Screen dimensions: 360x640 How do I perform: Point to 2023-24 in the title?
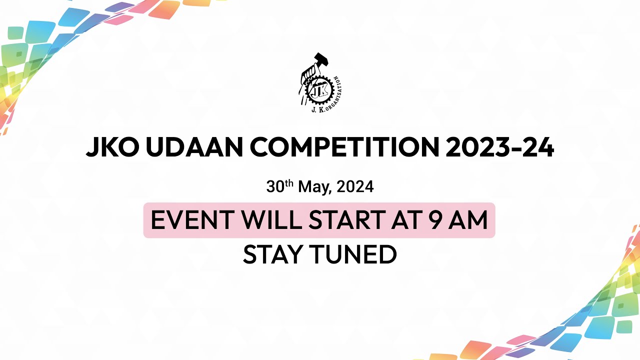500,147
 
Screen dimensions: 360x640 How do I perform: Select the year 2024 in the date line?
355,187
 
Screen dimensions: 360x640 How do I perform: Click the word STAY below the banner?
273,254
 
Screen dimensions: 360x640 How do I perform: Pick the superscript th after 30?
289,183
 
